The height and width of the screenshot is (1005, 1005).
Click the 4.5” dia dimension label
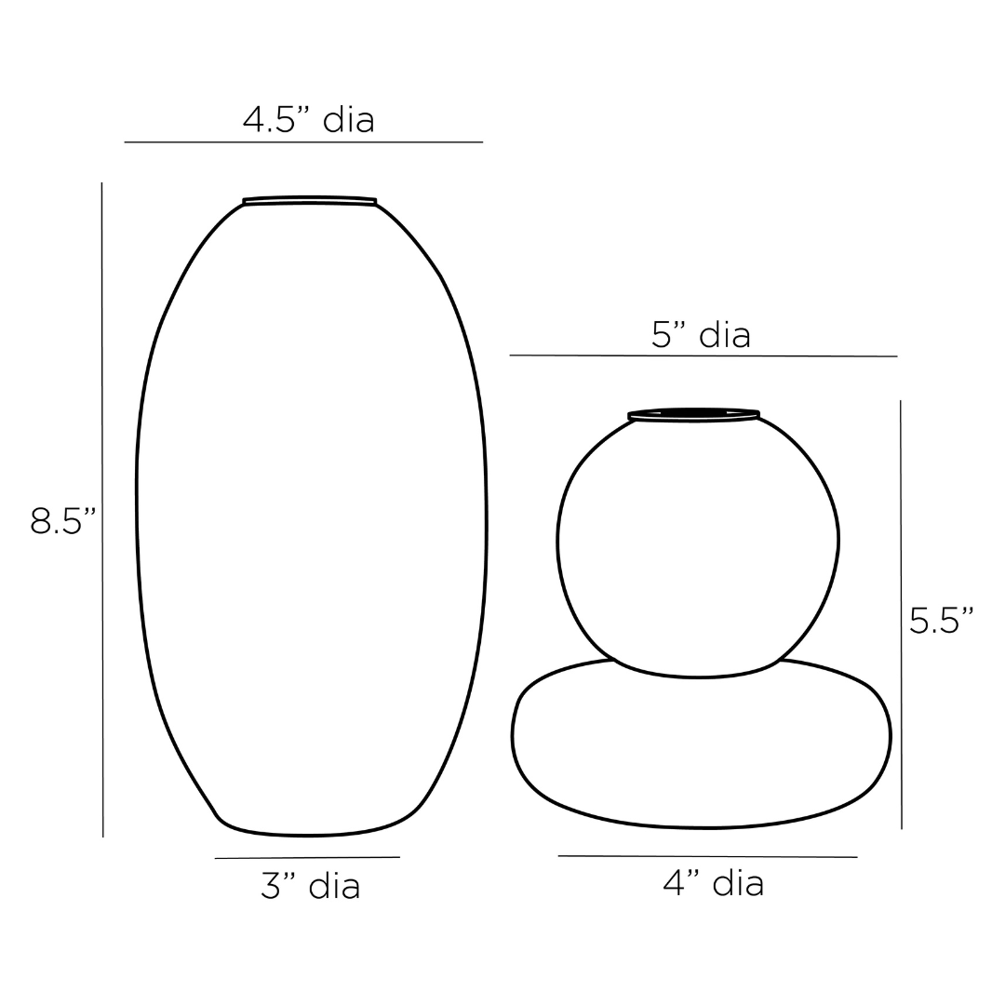coord(308,120)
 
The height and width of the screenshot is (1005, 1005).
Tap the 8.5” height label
coord(63,520)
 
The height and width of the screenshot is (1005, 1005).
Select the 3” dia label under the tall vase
coord(310,886)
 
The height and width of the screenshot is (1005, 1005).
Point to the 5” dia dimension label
coord(701,335)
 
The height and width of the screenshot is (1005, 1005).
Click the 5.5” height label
coord(942,620)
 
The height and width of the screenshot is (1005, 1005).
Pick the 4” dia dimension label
coord(714,883)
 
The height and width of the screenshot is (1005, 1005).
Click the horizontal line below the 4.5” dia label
coord(303,141)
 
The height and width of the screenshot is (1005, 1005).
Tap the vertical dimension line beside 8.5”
coord(102,510)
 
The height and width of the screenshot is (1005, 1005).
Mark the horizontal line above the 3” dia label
coord(307,857)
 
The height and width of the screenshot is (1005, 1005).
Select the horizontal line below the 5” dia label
coord(703,355)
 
